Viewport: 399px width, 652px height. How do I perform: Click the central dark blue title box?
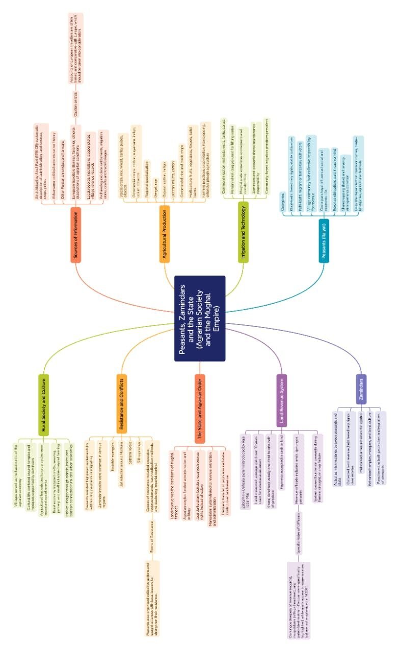(x=200, y=318)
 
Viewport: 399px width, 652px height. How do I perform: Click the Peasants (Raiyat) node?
(x=324, y=240)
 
